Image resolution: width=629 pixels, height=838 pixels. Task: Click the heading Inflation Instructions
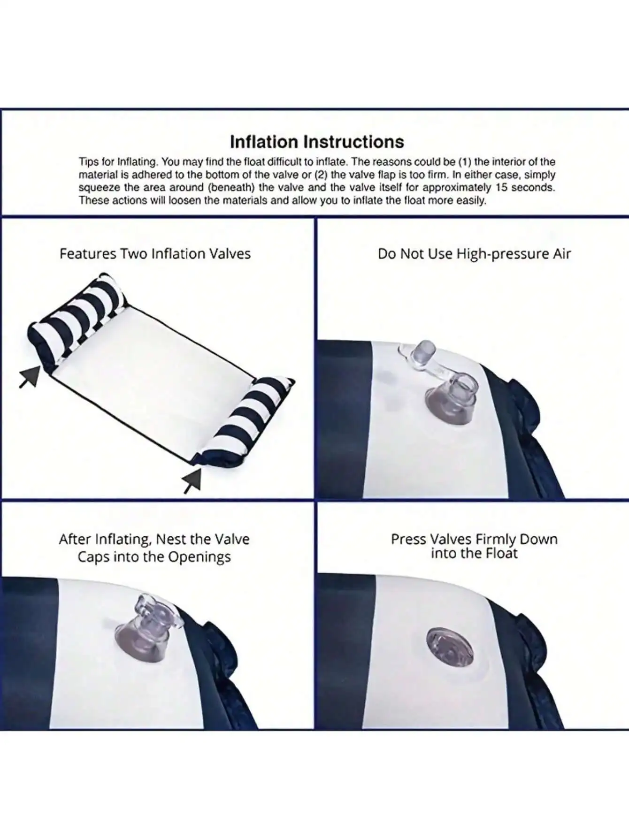[x=317, y=142]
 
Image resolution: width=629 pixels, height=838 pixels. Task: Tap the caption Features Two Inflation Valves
[x=155, y=254]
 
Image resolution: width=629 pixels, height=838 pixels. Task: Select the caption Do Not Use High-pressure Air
[x=474, y=254]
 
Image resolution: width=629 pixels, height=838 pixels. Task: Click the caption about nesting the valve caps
[x=154, y=548]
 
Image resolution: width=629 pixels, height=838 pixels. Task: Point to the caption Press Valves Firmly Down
[x=474, y=546]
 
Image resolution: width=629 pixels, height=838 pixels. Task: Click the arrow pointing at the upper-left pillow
[x=30, y=377]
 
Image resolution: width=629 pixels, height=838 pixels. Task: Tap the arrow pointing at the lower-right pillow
[x=192, y=480]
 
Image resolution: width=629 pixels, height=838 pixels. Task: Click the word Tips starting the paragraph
[x=89, y=162]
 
